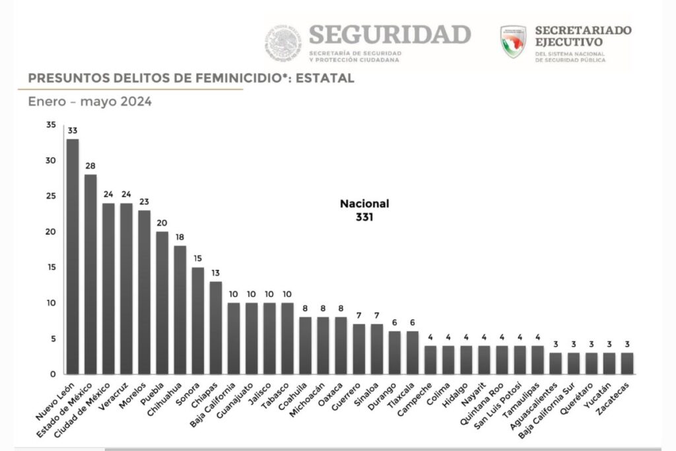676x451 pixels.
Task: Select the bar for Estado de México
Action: [90, 274]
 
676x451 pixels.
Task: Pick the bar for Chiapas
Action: [215, 328]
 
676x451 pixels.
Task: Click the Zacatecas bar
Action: [626, 363]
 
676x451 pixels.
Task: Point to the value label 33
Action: [73, 130]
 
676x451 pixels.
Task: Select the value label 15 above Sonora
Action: [197, 259]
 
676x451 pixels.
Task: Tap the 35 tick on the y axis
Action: [51, 125]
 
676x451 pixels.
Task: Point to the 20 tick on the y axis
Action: [51, 232]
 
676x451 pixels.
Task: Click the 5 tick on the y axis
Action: [53, 339]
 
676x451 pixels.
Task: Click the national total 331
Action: [364, 216]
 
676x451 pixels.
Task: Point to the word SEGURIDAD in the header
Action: [389, 34]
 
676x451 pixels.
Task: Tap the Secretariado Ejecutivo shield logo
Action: [513, 42]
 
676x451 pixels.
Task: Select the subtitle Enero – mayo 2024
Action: [90, 102]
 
